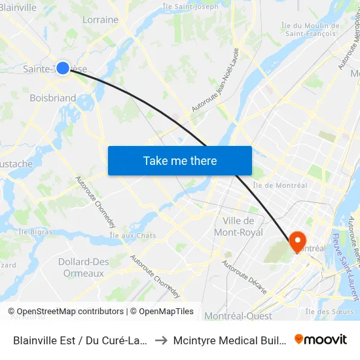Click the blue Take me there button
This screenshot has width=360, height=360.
(x=179, y=160)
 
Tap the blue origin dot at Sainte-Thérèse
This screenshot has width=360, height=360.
(x=63, y=67)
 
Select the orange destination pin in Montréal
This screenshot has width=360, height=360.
(x=297, y=242)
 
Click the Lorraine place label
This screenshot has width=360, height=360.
(x=100, y=20)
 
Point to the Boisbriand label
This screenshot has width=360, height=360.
(x=52, y=98)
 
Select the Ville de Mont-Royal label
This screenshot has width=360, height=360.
(x=243, y=226)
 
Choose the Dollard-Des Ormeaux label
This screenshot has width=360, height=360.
(x=84, y=267)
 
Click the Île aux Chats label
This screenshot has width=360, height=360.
(x=133, y=235)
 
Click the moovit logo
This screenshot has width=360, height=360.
(x=321, y=339)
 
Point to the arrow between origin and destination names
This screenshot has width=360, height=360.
(x=160, y=340)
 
